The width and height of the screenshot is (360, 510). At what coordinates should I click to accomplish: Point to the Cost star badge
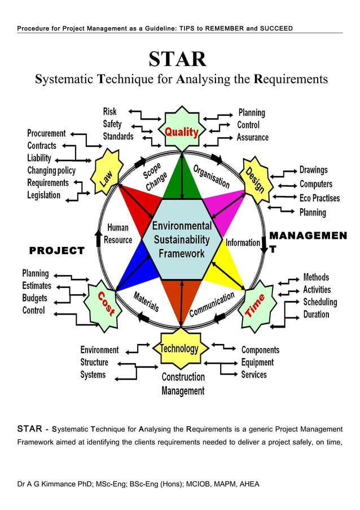(x=105, y=302)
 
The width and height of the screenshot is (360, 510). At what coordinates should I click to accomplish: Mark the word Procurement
(x=46, y=133)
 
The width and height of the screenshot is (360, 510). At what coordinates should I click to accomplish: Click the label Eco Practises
(x=319, y=198)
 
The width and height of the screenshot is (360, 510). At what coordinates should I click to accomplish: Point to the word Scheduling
(x=320, y=302)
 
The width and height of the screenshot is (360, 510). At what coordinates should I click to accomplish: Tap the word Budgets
(x=35, y=298)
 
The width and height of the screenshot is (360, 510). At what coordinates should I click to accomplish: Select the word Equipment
(x=257, y=362)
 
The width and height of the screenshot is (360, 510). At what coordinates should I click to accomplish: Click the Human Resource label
(x=118, y=234)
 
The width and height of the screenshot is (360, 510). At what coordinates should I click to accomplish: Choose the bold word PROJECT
(x=56, y=250)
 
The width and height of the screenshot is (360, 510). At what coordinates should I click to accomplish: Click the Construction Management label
(x=183, y=383)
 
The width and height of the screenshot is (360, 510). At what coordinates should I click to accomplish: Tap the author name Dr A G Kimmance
(x=54, y=484)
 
